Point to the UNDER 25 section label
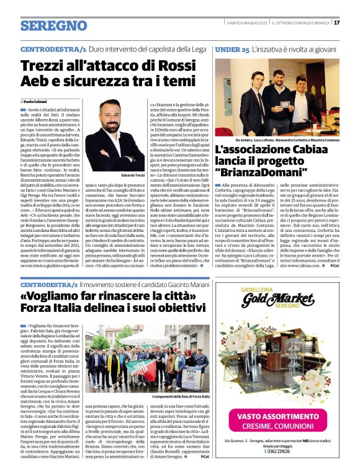(x=232, y=48)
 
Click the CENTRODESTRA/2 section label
(x=53, y=284)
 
